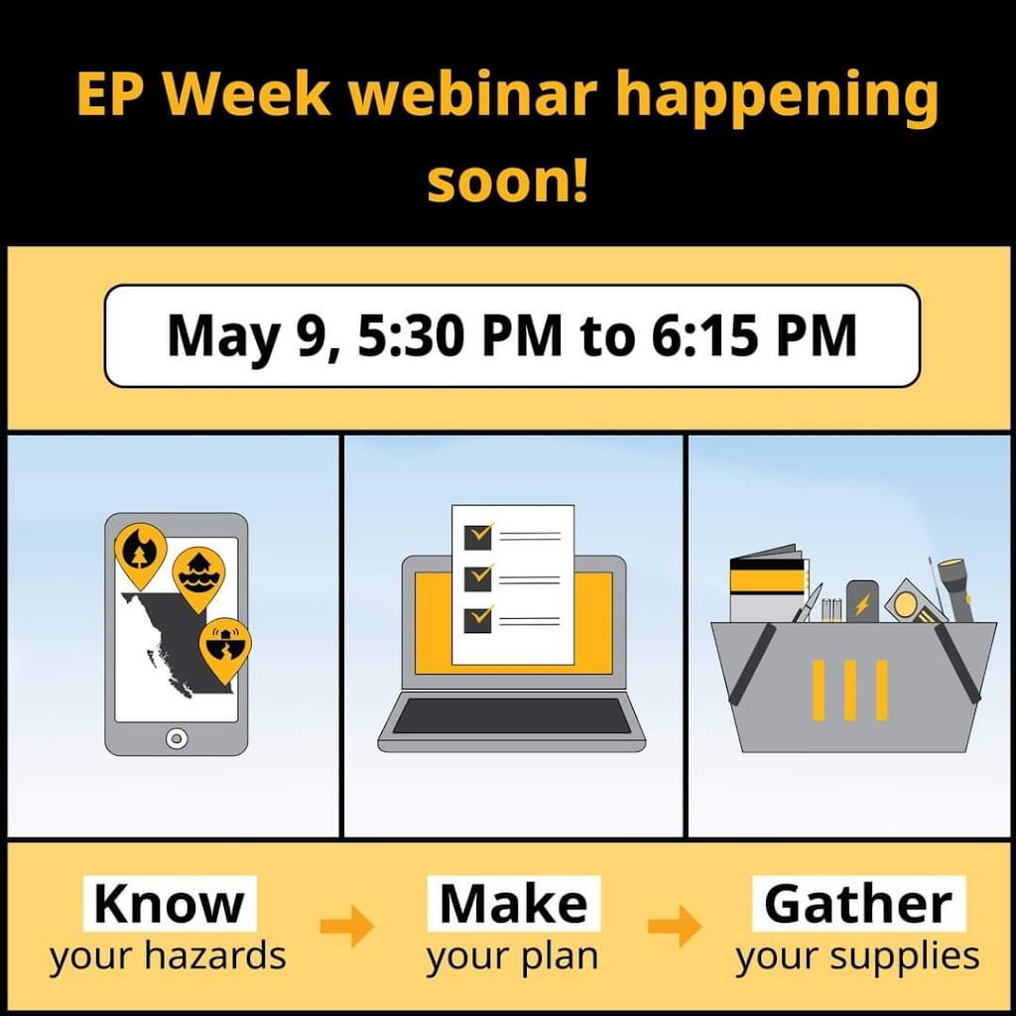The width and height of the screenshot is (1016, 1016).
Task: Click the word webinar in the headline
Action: (473, 94)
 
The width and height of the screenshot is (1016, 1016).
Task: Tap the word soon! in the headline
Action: (508, 181)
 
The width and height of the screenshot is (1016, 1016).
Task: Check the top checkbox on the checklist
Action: (478, 536)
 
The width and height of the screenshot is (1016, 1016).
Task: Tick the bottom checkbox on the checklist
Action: (478, 618)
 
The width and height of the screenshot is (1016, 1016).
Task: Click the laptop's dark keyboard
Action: (512, 715)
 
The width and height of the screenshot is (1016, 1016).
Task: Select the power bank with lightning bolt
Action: (862, 602)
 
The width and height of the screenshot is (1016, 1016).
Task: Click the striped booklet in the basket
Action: (769, 583)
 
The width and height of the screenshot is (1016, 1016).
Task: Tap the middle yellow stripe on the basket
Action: (850, 691)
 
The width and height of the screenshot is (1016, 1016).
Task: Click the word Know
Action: (169, 904)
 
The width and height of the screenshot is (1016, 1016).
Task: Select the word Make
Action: (514, 904)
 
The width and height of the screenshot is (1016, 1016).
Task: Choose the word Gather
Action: (858, 904)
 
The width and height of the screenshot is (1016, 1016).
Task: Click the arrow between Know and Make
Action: (347, 926)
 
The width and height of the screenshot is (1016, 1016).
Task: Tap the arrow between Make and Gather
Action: (675, 926)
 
